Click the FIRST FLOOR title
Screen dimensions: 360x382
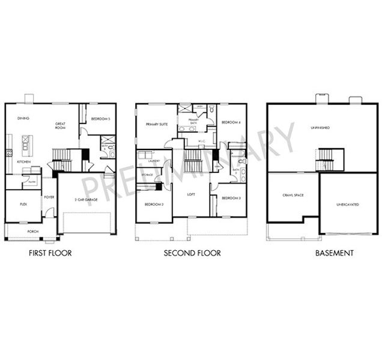pos(50,253)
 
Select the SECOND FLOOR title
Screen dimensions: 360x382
pos(192,253)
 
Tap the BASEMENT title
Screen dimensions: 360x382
pos(335,253)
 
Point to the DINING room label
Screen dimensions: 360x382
pos(23,118)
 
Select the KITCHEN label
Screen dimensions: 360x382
pos(23,162)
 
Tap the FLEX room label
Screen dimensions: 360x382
pos(23,204)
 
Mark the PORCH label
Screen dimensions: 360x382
pos(32,231)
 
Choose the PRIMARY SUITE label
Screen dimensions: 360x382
pos(156,124)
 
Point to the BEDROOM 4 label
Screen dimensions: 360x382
pos(231,122)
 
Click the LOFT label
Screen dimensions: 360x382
pos(191,194)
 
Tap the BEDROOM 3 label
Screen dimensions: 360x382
pos(231,198)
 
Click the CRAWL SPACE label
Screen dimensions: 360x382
pos(292,196)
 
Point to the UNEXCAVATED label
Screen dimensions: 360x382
pos(348,205)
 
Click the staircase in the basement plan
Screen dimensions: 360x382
pos(329,159)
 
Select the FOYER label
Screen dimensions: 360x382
pos(49,196)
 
